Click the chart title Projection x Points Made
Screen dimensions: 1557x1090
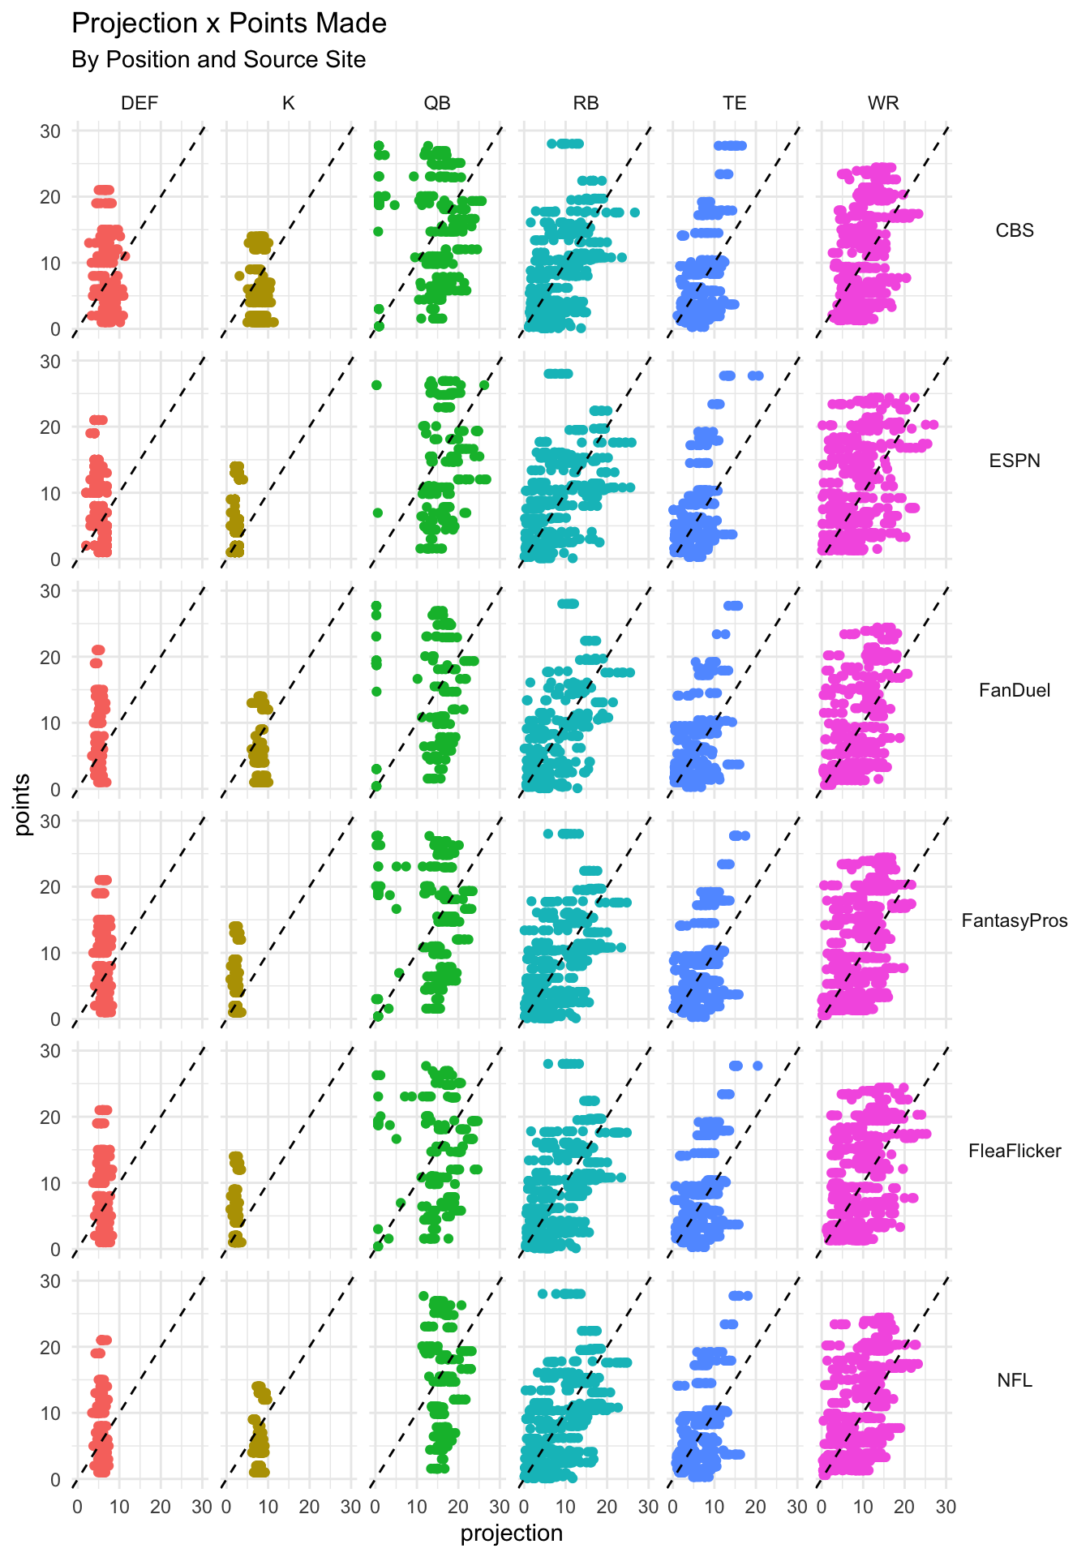[229, 24]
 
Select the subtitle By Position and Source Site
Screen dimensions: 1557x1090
[218, 60]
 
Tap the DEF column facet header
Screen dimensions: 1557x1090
[139, 103]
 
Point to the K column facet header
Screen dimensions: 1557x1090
[288, 103]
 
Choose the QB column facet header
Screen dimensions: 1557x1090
[437, 103]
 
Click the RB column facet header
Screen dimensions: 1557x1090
[586, 103]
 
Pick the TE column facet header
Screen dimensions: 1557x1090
[735, 103]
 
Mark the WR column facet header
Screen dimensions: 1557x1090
[883, 103]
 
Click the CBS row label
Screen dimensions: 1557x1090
[1015, 230]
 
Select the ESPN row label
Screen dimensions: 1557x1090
[1015, 461]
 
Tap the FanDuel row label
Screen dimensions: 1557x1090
[1015, 690]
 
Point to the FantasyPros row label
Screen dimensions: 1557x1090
[1015, 920]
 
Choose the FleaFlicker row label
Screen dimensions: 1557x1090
[1015, 1151]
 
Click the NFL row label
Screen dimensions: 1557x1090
[1015, 1380]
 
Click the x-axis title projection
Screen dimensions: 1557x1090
[511, 1533]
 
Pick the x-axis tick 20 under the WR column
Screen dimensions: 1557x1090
[904, 1508]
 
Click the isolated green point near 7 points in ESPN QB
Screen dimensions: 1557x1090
[377, 513]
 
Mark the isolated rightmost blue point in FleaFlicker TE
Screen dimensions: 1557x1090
[757, 1066]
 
